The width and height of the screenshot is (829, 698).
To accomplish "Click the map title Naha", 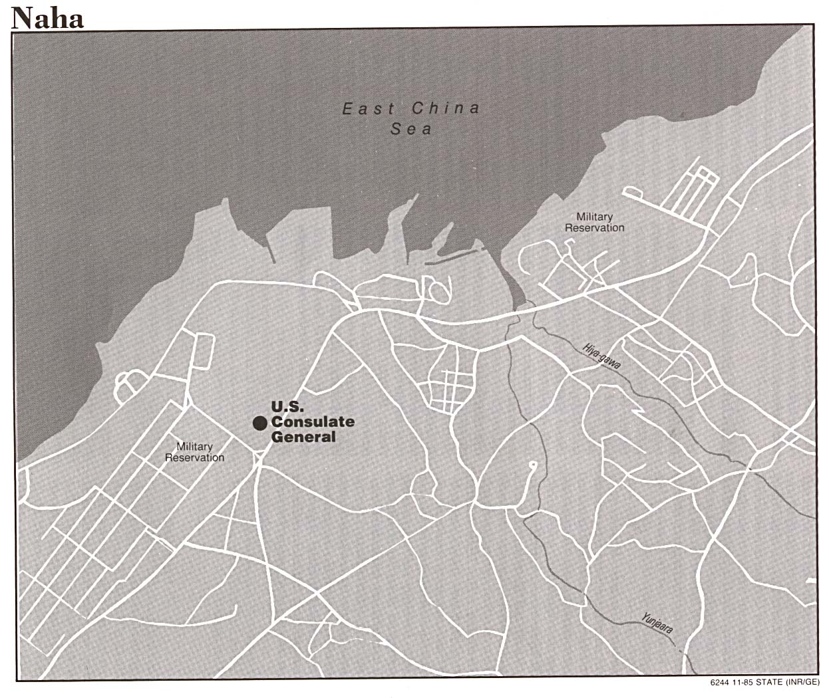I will pos(47,18).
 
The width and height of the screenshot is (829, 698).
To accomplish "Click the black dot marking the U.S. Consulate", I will pos(259,423).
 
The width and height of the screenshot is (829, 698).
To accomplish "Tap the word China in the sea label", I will pos(445,108).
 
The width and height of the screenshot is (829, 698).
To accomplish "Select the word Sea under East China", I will pos(411,129).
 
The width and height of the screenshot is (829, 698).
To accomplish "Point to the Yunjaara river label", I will pos(657,626).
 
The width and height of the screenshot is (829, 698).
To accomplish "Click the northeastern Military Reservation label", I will pos(595,222).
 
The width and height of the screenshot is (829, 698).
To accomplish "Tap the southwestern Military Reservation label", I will pos(194,452).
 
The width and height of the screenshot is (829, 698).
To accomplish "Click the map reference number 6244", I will pos(720,683).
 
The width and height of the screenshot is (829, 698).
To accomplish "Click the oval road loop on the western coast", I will pos(128,384).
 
